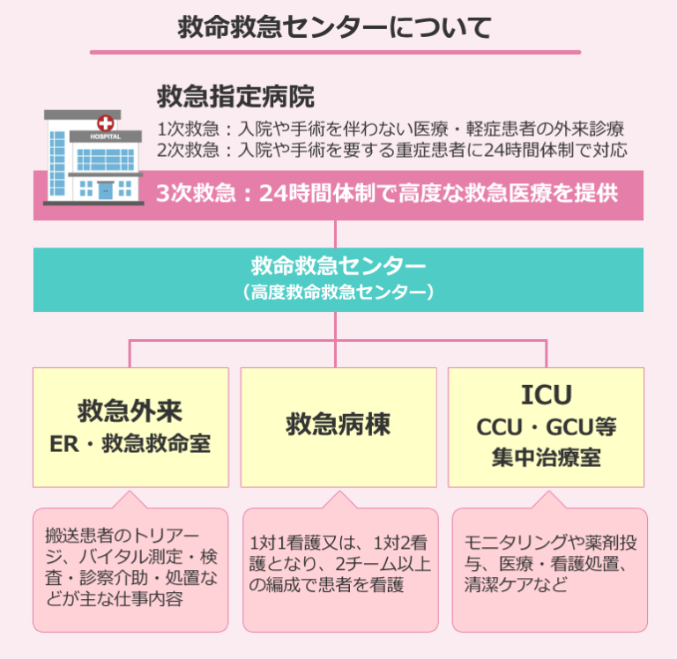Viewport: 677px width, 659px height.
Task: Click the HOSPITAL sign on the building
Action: coord(107,137)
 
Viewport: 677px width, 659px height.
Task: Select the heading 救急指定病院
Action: coord(235,95)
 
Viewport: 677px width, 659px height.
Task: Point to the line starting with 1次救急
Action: coord(391,128)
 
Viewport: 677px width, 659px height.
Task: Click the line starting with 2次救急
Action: coord(392,150)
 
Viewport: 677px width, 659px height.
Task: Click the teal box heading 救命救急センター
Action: coord(338,265)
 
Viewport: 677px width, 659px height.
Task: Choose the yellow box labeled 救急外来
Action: coord(130,426)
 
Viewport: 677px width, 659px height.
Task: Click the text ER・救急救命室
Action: coord(130,443)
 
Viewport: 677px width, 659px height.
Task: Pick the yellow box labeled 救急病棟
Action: coord(338,426)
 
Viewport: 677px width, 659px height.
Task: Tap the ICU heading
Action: coord(547,394)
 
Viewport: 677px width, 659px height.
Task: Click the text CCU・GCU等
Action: coord(547,427)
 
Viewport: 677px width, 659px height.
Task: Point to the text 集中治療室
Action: coord(547,457)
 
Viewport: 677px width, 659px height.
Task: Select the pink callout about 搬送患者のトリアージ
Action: coord(130,568)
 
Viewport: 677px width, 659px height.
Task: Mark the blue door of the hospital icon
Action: coord(106,190)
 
